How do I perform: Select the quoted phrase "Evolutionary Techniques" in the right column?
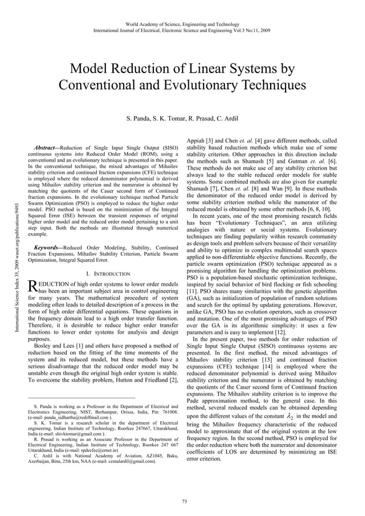(251, 229)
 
